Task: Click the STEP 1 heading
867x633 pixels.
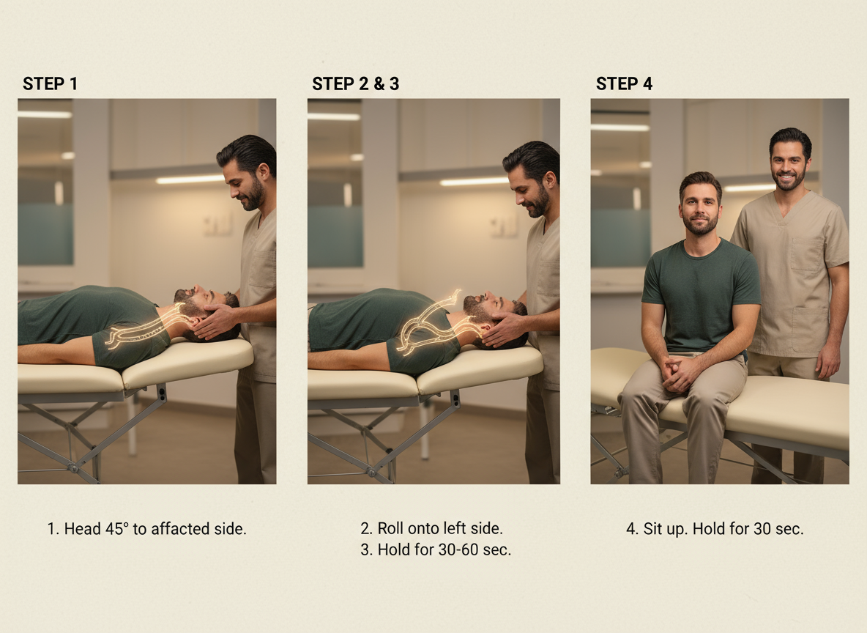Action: coord(50,84)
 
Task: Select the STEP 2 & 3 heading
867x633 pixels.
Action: coord(356,84)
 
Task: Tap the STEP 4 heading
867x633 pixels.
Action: coord(625,84)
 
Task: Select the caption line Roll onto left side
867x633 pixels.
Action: coord(432,528)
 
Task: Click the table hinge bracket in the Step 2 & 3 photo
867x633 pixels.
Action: coord(455,399)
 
